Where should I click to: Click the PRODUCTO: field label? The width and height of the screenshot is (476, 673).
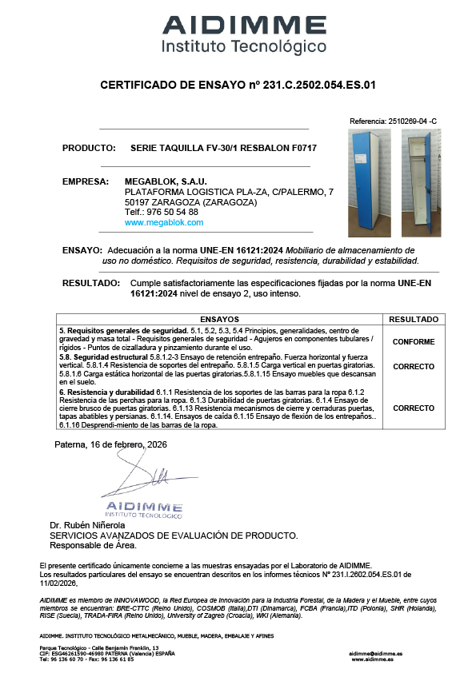(x=86, y=148)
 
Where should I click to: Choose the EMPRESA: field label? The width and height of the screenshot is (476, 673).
(x=85, y=181)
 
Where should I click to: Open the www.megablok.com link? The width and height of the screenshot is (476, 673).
(x=158, y=223)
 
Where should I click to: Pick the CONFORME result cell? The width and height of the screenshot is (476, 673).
(x=414, y=341)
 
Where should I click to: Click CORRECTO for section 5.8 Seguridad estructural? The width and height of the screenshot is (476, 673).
(x=414, y=367)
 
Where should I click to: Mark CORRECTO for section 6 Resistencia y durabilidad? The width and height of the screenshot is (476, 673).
(x=414, y=408)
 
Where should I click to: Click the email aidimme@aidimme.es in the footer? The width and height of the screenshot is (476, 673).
(x=376, y=653)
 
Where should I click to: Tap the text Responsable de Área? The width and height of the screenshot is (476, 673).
(x=93, y=546)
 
